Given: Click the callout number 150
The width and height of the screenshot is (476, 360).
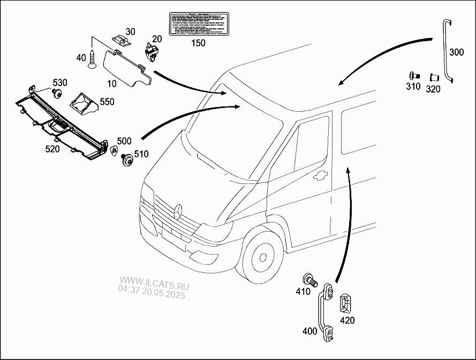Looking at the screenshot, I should pyautogui.click(x=198, y=43).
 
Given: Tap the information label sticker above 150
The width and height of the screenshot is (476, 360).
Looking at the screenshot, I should pyautogui.click(x=198, y=24).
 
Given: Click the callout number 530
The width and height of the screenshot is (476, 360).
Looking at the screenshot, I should pyautogui.click(x=59, y=83).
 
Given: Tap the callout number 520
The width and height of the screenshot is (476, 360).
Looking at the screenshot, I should pyautogui.click(x=52, y=149).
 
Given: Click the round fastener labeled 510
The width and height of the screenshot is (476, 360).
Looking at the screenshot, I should pyautogui.click(x=128, y=160).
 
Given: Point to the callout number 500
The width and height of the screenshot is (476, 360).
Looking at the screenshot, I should pyautogui.click(x=124, y=141).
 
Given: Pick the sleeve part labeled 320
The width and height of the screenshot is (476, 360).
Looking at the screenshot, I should pyautogui.click(x=432, y=80).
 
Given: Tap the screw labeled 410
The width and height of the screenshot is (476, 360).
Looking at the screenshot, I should pyautogui.click(x=310, y=280).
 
